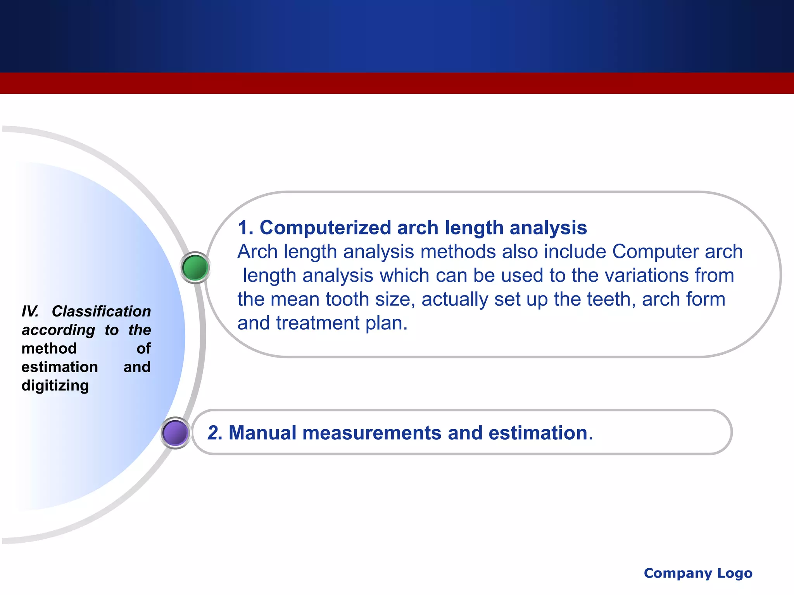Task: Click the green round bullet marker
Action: [x=195, y=267]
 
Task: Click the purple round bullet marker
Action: [x=175, y=433]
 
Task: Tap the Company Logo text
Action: [x=698, y=573]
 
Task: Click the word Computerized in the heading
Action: [x=325, y=227]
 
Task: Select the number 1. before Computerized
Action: [x=245, y=227]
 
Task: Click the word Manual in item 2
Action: [x=262, y=433]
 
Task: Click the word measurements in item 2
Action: [x=372, y=433]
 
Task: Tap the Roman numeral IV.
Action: [x=30, y=311]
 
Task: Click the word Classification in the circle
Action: [x=101, y=311]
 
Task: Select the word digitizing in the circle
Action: [x=55, y=385]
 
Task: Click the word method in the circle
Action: [x=49, y=348]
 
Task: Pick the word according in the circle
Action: [x=58, y=330]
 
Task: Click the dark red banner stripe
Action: [x=397, y=83]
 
